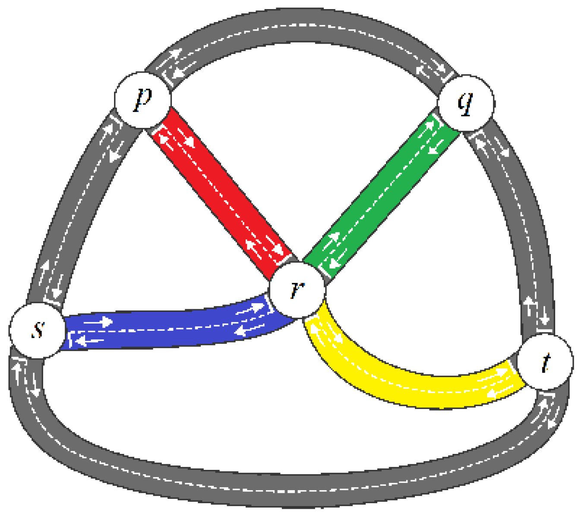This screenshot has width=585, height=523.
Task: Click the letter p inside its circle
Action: tap(142, 99)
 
